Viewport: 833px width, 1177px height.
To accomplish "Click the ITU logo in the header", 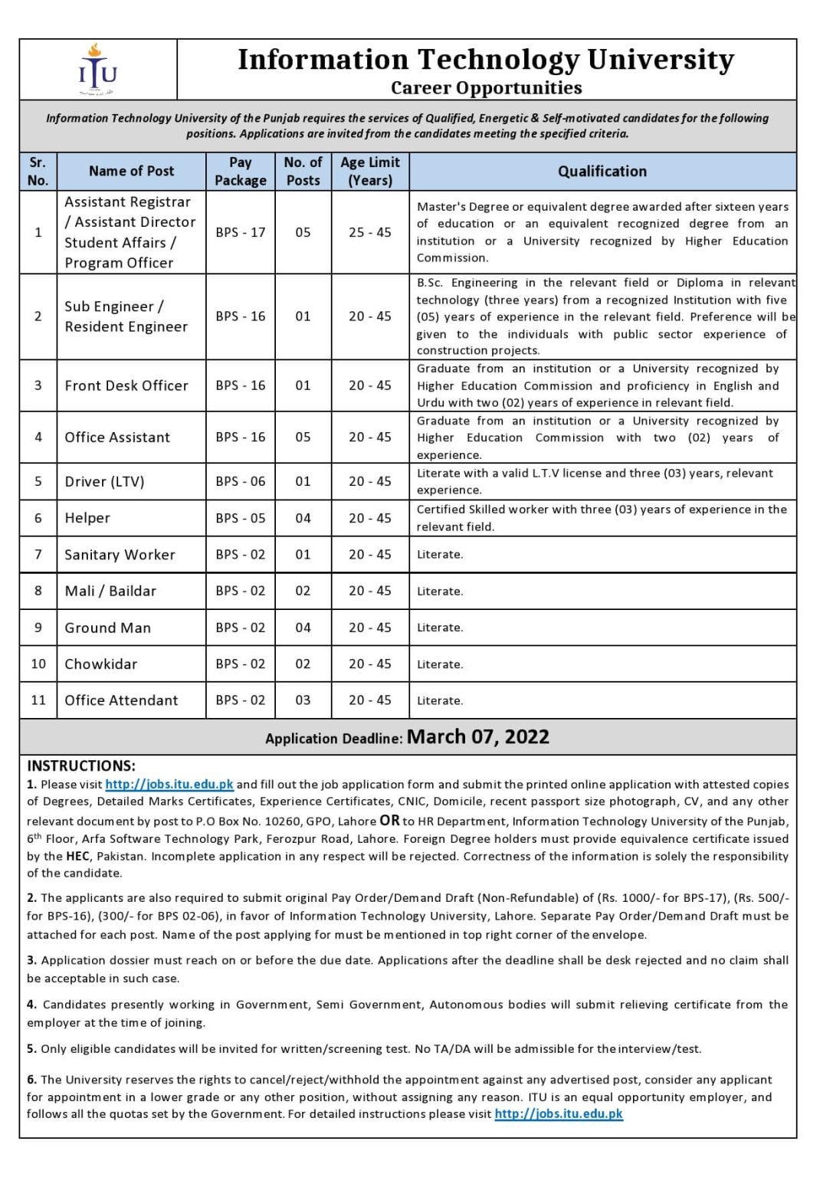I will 98,70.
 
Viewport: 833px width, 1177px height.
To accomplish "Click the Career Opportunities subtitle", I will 486,88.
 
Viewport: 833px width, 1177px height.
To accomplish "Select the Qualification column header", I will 602,172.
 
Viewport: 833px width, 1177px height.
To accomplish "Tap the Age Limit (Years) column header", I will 370,172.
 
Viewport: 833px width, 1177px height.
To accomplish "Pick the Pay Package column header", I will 241,172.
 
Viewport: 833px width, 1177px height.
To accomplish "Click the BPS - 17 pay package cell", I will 241,232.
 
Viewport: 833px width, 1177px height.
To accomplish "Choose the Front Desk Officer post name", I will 126,385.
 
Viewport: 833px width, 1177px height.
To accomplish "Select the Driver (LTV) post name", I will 104,481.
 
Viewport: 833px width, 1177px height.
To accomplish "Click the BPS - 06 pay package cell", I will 241,481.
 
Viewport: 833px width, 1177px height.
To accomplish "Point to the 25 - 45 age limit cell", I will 370,232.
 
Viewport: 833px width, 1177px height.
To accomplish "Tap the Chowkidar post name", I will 100,664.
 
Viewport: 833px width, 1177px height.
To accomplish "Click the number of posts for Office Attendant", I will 303,700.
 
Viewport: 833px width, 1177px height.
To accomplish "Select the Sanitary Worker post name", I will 120,554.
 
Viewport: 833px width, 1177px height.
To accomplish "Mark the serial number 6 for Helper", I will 38,518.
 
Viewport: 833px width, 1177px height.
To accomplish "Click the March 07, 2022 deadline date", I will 477,737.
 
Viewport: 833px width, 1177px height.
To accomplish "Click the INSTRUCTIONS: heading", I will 81,766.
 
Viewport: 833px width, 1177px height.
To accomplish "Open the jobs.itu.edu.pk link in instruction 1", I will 169,784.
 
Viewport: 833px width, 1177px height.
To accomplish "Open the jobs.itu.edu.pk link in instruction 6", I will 559,1113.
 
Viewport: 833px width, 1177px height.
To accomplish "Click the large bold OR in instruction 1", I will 389,820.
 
